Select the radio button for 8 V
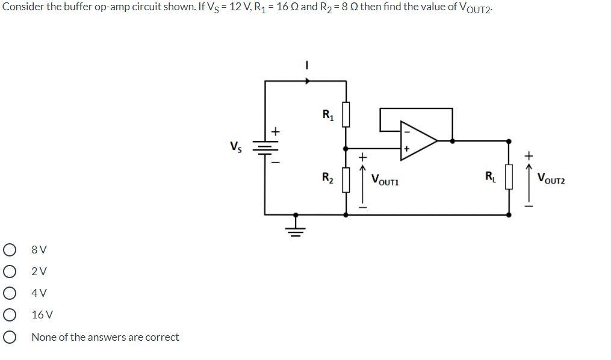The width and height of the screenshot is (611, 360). [x=9, y=250]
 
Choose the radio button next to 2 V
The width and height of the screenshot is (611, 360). [x=9, y=272]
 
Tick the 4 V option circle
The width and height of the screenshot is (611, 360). [x=9, y=293]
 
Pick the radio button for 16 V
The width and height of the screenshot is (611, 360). [x=9, y=315]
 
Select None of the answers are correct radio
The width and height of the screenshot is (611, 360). [x=9, y=337]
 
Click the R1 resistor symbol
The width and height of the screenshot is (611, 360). [x=346, y=115]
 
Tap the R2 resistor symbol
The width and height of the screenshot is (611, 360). [x=346, y=179]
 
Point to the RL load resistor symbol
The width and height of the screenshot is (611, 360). [x=509, y=178]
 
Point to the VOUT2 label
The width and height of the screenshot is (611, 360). [x=551, y=179]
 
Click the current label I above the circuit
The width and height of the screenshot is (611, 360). [x=307, y=65]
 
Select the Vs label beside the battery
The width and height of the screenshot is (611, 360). [x=237, y=146]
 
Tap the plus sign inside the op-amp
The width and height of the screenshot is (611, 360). [x=406, y=148]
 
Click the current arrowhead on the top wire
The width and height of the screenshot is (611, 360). [x=308, y=81]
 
